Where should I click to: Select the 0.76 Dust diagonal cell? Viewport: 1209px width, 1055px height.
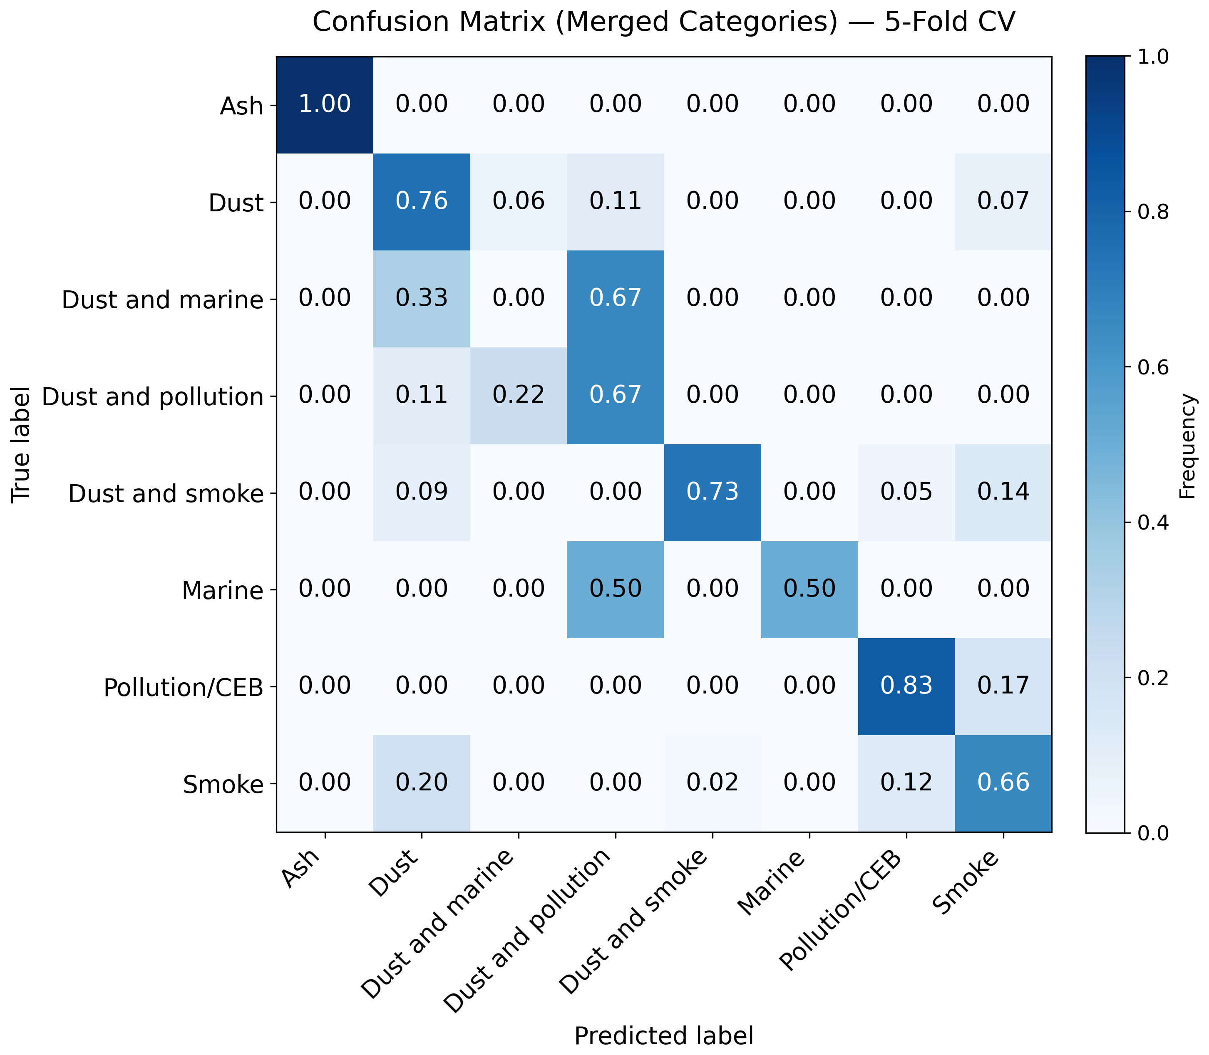coord(422,202)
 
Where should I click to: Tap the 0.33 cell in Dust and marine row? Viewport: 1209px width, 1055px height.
coord(422,298)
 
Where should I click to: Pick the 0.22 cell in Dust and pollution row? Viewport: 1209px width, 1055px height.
coord(519,396)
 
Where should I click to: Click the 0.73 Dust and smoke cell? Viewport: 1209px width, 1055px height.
coord(712,492)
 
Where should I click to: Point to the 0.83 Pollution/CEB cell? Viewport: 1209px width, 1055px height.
coord(906,686)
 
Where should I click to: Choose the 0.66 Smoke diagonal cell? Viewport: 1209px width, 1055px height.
coord(1003,783)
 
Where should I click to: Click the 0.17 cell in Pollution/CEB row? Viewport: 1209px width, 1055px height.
coord(1003,686)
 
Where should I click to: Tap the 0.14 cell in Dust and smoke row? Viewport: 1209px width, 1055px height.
coord(1003,492)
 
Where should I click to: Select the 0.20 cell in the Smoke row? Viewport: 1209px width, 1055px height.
coord(422,783)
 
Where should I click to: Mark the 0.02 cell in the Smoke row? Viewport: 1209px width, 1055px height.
coord(712,783)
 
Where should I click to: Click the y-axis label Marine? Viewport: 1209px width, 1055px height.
coord(223,590)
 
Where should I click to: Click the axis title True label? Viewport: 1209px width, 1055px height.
coord(21,444)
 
